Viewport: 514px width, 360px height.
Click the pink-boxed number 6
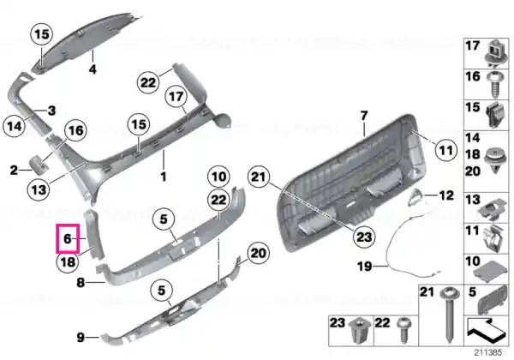[67, 238]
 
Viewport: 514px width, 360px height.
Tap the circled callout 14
[15, 126]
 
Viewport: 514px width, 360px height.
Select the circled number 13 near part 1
[39, 189]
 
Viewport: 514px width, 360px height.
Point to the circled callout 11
[445, 151]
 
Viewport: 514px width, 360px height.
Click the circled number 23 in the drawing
[363, 237]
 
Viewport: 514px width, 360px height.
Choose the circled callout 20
[258, 253]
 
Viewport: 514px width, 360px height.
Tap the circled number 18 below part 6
[68, 262]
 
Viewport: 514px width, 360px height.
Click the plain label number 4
[93, 69]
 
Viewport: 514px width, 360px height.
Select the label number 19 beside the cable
[365, 267]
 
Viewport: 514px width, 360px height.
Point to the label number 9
[81, 337]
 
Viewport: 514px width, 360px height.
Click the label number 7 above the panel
[364, 116]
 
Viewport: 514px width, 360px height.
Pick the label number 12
[445, 195]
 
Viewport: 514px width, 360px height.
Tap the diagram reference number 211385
[488, 352]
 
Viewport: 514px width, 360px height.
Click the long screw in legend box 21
[450, 315]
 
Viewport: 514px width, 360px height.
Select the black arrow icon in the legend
[486, 329]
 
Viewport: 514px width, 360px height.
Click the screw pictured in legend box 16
[493, 84]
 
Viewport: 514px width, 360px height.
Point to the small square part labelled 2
[37, 164]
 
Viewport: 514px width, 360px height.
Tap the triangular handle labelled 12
[415, 197]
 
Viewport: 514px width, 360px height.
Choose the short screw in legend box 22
[403, 330]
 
